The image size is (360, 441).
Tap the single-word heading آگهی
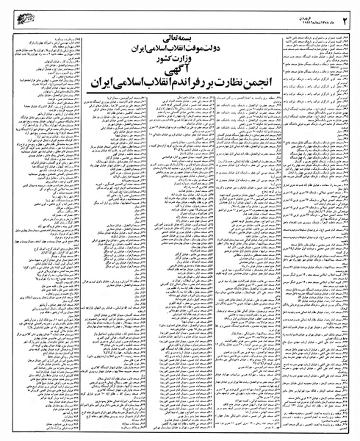(x=179, y=71)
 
